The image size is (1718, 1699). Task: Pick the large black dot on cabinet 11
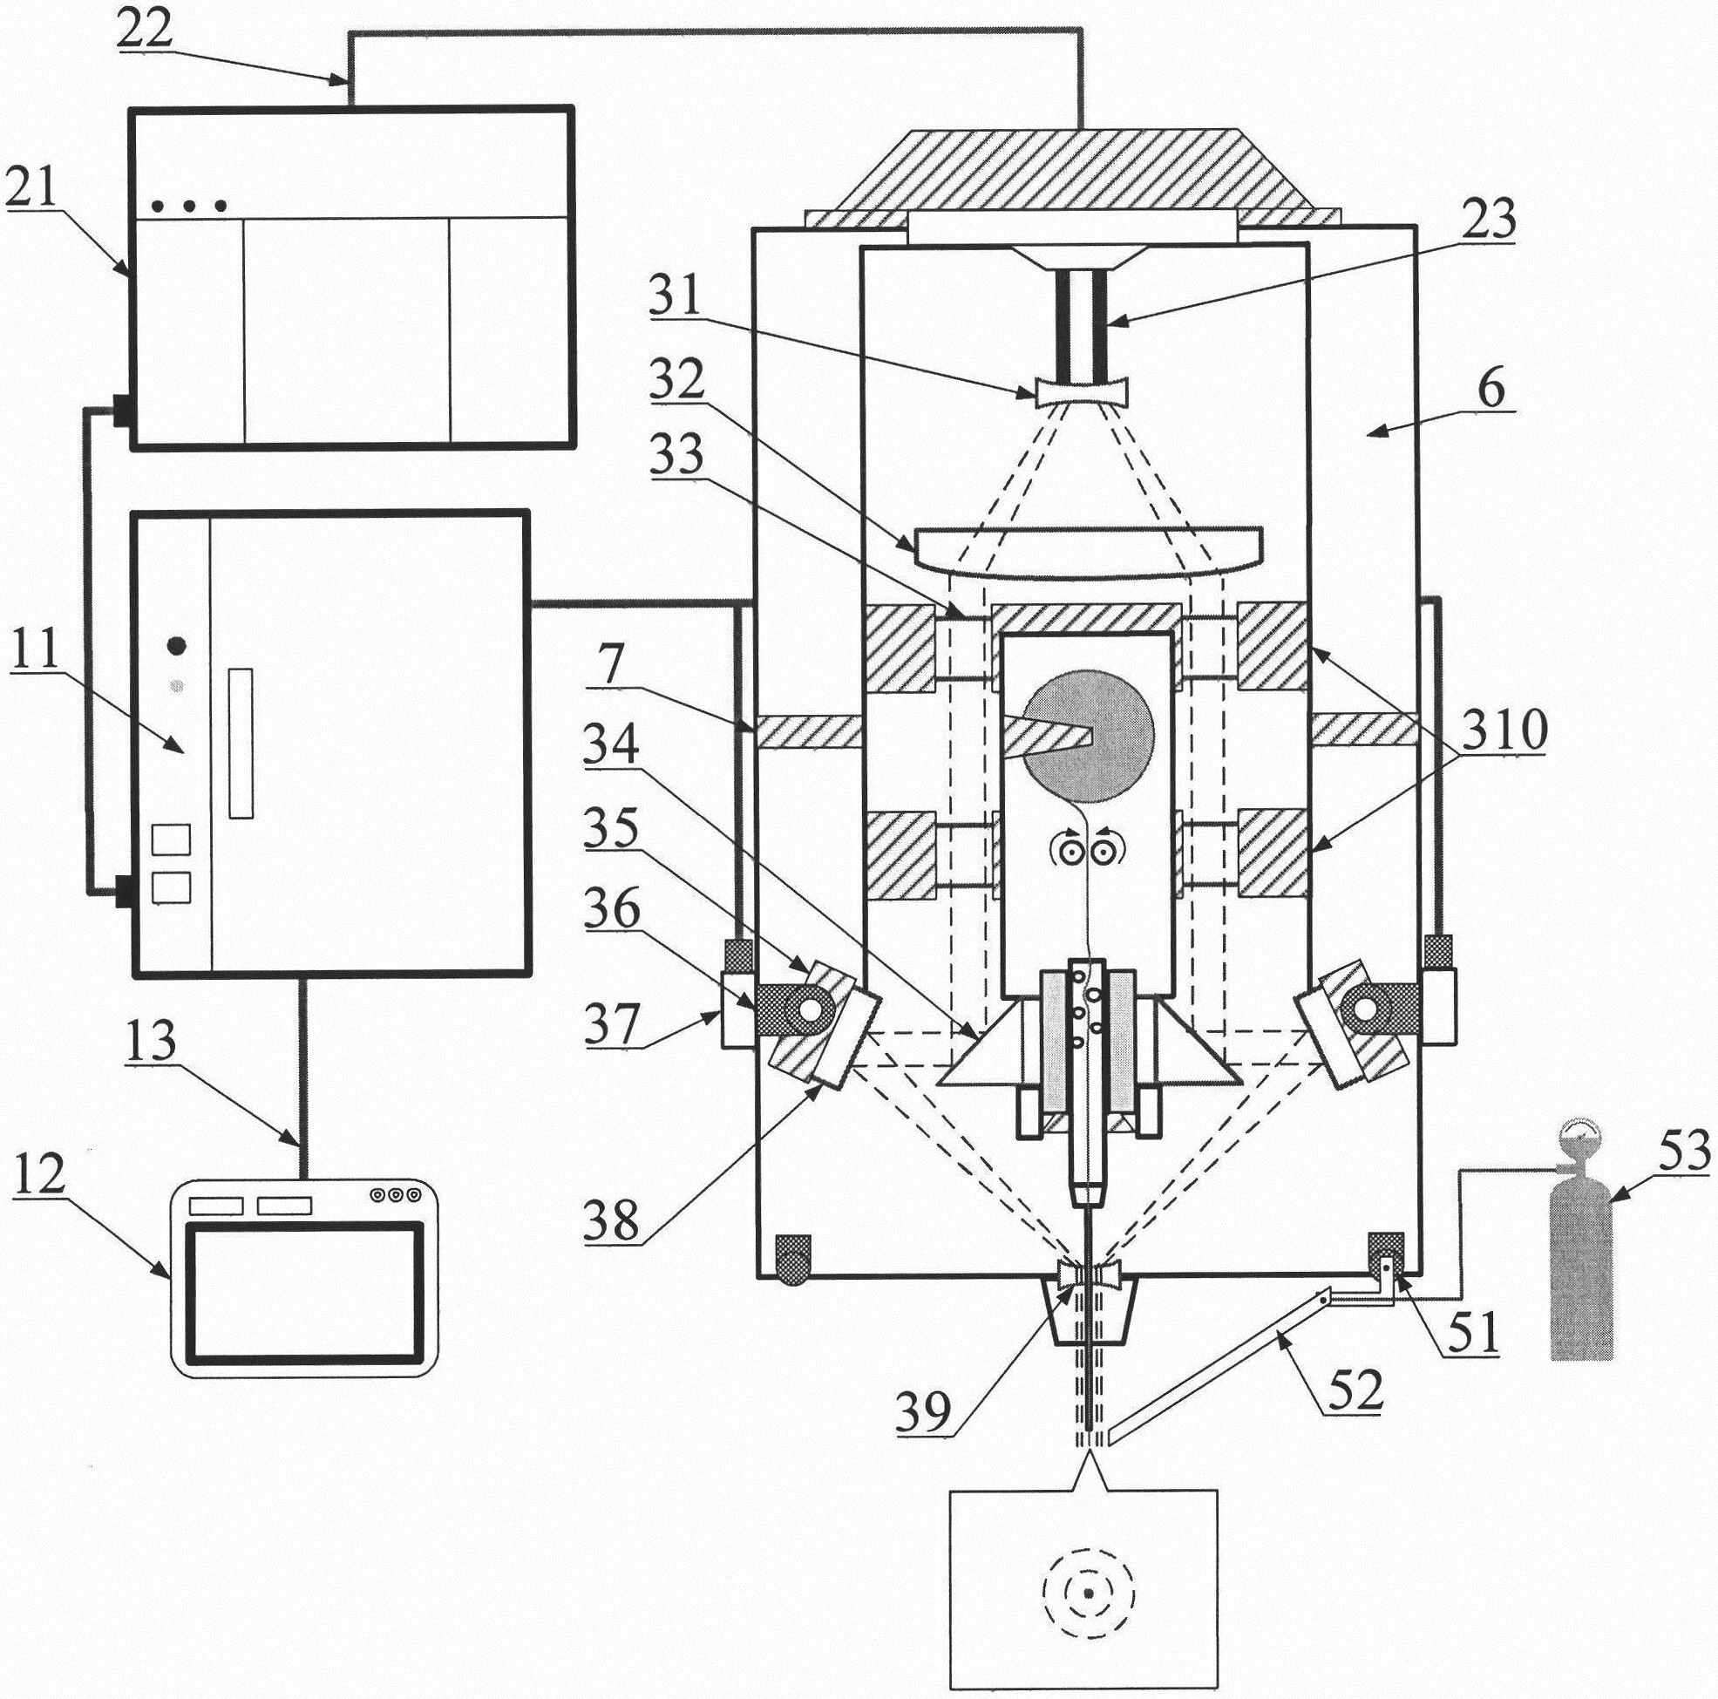[178, 646]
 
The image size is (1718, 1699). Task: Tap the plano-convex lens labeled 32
[1088, 552]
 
